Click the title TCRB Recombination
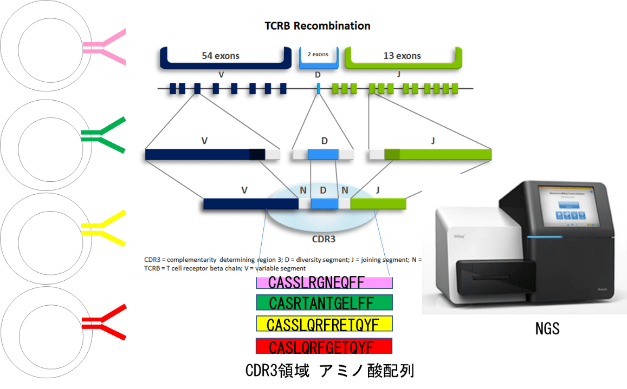(x=317, y=26)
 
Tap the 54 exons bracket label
(x=221, y=56)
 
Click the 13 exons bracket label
(x=402, y=56)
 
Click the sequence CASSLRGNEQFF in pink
(x=324, y=282)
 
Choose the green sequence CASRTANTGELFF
(x=324, y=302)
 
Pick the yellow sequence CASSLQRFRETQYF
(x=324, y=324)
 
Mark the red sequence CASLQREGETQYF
(x=324, y=346)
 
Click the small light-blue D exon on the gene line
(x=319, y=89)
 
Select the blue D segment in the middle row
(x=324, y=155)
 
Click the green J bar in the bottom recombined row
(x=378, y=204)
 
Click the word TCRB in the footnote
(x=155, y=268)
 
